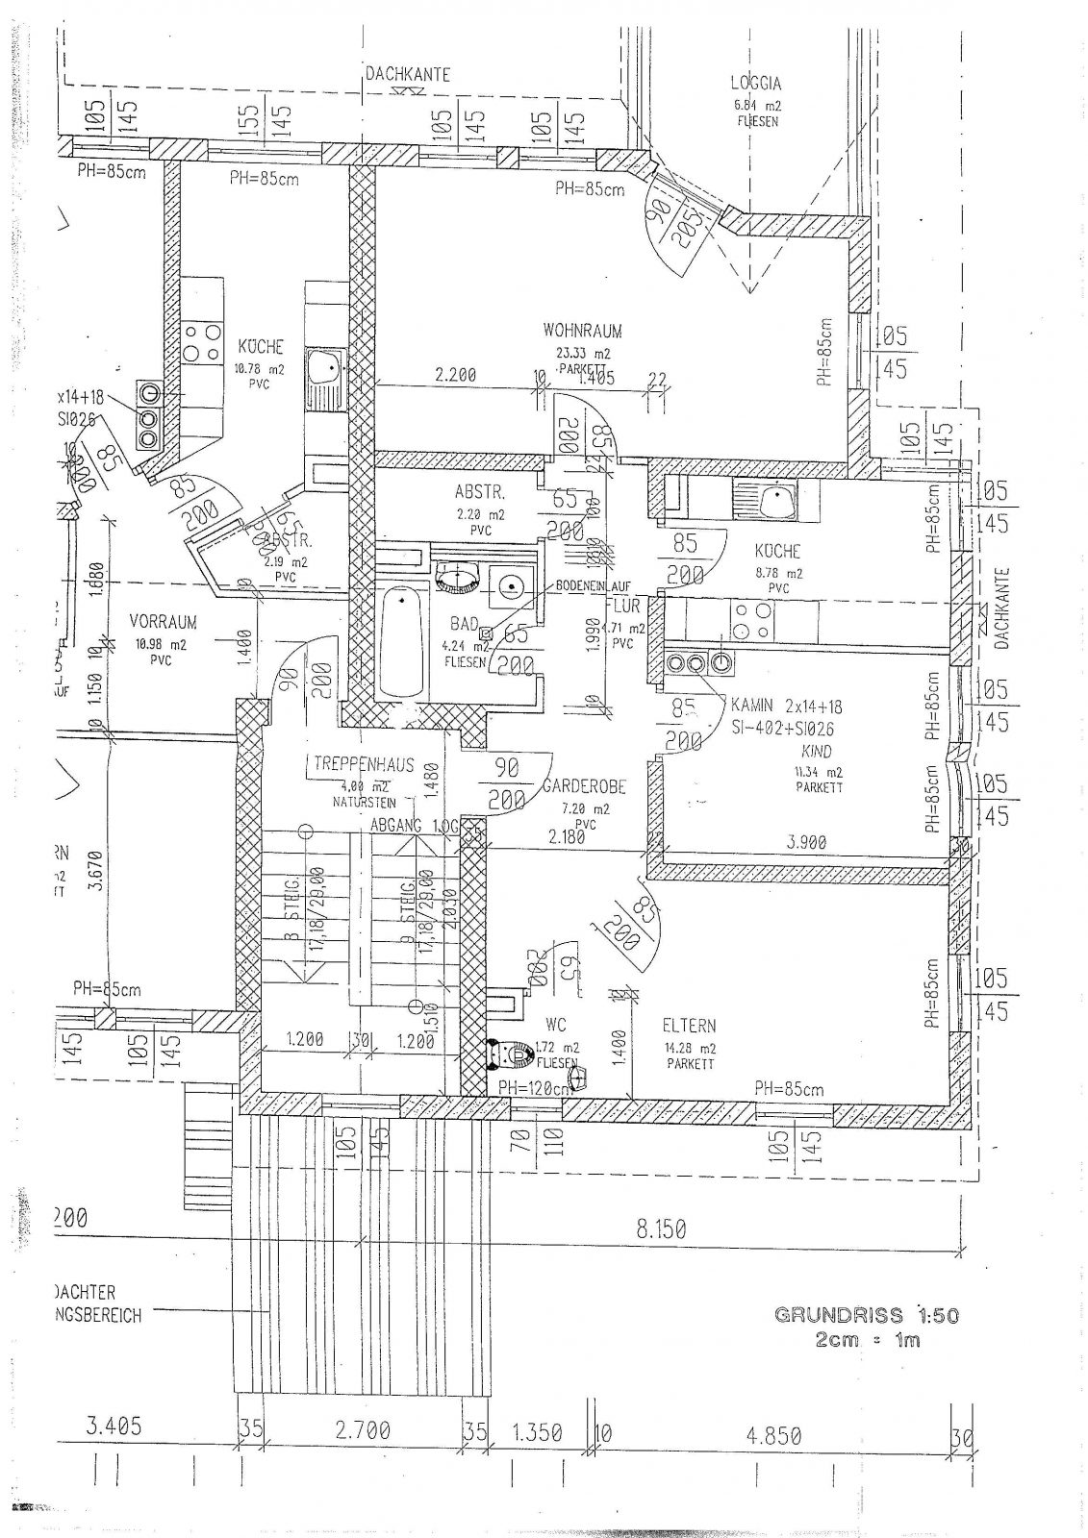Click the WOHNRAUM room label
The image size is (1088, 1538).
click(x=582, y=331)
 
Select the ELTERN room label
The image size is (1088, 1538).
click(x=689, y=1026)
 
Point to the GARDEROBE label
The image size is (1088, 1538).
click(x=583, y=785)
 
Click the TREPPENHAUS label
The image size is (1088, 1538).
click(x=364, y=765)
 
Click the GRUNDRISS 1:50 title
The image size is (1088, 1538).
click(x=866, y=1315)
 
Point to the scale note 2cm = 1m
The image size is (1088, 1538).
click(x=866, y=1339)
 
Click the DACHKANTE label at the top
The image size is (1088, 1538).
click(x=407, y=74)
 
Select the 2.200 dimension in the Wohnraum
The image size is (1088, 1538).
click(x=455, y=375)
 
